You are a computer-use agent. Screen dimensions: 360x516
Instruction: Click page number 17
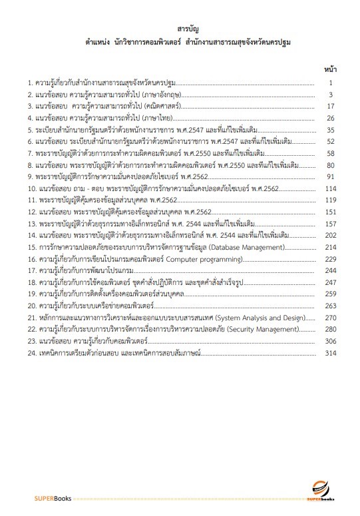point(329,107)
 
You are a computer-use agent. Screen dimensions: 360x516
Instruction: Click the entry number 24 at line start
point(31,352)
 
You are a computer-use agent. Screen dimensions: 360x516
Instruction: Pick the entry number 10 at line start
point(31,188)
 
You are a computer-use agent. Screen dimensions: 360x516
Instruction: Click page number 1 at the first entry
point(331,83)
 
